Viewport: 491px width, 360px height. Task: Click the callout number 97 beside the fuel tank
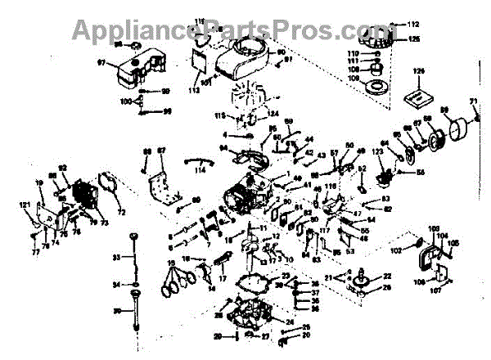pos(102,61)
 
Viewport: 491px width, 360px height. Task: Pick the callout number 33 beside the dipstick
pos(115,258)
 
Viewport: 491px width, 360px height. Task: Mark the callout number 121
pos(25,204)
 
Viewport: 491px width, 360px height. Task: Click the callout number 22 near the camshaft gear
pos(386,276)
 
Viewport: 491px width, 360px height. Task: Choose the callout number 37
pos(293,292)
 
